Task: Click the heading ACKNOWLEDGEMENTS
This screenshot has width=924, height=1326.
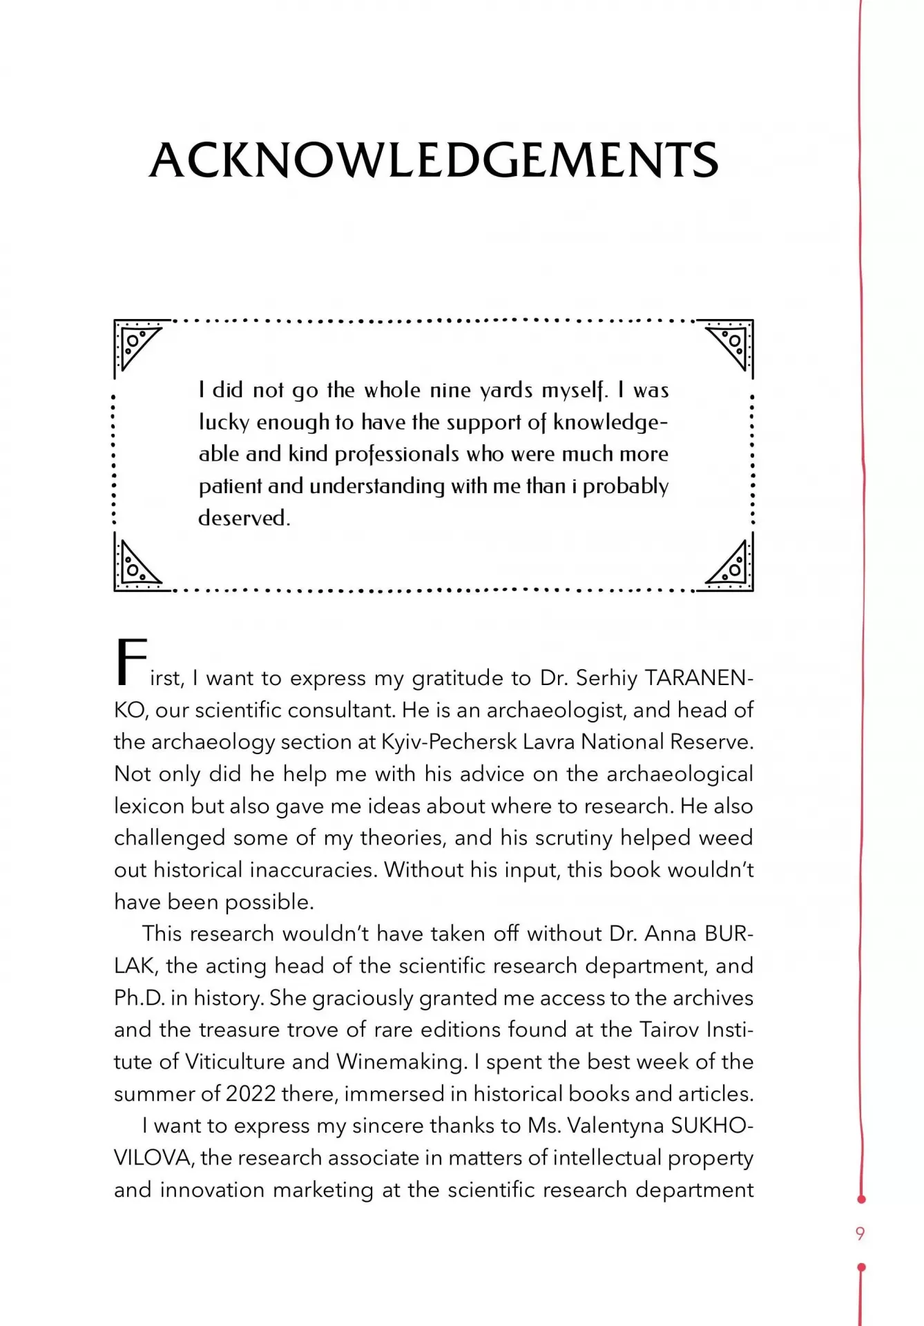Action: pos(434,160)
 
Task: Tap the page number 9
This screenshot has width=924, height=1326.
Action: pos(860,1233)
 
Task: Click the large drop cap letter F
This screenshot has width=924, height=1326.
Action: pos(131,663)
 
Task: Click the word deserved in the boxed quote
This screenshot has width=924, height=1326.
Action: pos(244,518)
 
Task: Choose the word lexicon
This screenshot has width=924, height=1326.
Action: pos(149,806)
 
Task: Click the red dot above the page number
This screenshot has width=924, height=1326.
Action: pos(861,1200)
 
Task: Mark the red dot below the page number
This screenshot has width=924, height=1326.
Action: pos(861,1267)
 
